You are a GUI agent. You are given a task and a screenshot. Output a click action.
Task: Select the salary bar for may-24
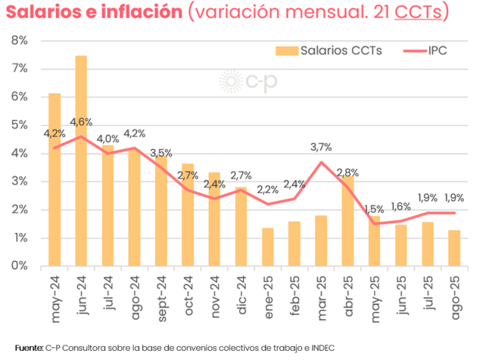55,180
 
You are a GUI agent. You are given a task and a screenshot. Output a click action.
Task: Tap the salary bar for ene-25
268,247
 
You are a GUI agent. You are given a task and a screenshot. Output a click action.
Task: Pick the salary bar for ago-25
454,248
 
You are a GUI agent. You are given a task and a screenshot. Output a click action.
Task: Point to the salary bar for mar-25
321,240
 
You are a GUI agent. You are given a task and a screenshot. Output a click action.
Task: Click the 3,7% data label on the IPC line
321,147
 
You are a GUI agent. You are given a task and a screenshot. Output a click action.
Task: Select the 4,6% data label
81,122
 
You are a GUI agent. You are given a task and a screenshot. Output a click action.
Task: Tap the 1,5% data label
374,208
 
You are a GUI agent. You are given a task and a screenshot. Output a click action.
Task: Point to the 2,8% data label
348,173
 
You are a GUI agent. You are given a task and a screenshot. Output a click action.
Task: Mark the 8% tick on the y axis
19,41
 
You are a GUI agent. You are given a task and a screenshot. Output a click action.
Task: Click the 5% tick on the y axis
19,125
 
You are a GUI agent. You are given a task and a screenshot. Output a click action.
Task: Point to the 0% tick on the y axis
19,266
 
